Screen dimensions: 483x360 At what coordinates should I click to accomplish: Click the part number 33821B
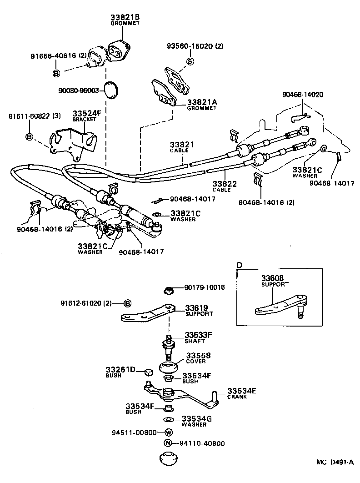[125, 18]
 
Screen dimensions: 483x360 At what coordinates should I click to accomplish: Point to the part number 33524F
[85, 113]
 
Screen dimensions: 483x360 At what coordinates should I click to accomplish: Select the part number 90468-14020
[302, 94]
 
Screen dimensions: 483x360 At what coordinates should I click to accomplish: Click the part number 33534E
[242, 391]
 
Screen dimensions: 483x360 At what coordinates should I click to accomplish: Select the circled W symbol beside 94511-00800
[168, 432]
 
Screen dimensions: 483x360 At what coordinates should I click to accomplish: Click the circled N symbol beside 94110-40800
[168, 443]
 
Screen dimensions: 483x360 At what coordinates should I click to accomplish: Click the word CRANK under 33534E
[237, 397]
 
